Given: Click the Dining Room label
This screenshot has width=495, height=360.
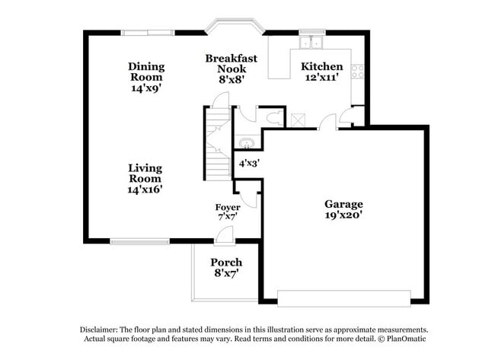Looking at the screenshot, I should tap(146, 72).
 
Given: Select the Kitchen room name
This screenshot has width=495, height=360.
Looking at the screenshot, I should tap(322, 67).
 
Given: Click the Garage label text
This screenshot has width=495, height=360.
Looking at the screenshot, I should tap(343, 204).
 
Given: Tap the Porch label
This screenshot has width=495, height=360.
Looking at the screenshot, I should tap(226, 263).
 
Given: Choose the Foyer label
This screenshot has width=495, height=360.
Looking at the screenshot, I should tap(228, 207).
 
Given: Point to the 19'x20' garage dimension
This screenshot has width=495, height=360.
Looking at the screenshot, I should tap(343, 215).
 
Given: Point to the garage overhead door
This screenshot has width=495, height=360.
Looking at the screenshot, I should tap(344, 298).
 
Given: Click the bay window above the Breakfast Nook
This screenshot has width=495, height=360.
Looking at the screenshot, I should tap(237, 29).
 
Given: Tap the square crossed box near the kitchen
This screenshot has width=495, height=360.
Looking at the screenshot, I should tap(298, 119).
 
